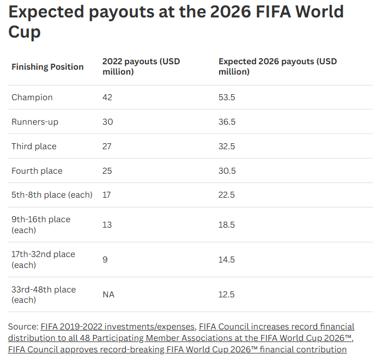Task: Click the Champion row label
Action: pos(32,97)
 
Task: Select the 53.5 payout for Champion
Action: pos(227,97)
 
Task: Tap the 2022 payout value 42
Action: pos(107,97)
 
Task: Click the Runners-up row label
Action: pos(35,121)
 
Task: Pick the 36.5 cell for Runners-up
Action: pos(227,121)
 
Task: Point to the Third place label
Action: pos(34,147)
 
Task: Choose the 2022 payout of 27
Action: pos(107,147)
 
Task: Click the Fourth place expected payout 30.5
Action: pos(227,171)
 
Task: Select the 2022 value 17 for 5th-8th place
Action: pos(106,195)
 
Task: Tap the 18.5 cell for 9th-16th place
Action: pos(226,225)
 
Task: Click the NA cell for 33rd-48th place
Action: pos(108,295)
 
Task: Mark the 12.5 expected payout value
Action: pos(226,295)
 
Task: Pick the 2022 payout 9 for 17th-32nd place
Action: pos(105,259)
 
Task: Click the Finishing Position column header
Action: pos(47,66)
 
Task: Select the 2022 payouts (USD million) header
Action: pos(141,66)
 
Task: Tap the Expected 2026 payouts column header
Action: pos(277,66)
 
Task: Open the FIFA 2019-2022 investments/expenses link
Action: pos(117,327)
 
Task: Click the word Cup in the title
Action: pos(25,32)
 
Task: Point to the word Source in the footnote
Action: pos(23,327)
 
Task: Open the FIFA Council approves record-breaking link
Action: pos(177,350)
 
